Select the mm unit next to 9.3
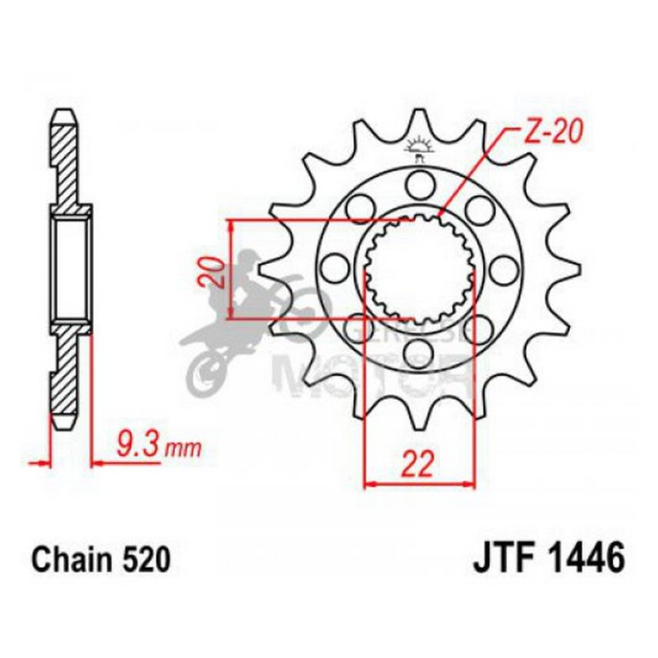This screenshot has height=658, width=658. tap(179, 448)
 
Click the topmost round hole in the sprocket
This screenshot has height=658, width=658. tap(419, 182)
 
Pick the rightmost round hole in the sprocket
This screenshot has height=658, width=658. tap(505, 269)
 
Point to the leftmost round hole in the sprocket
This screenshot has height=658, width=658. tap(332, 269)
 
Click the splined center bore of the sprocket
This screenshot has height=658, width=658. tap(419, 269)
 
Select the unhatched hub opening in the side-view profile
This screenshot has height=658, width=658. tap(70, 269)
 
